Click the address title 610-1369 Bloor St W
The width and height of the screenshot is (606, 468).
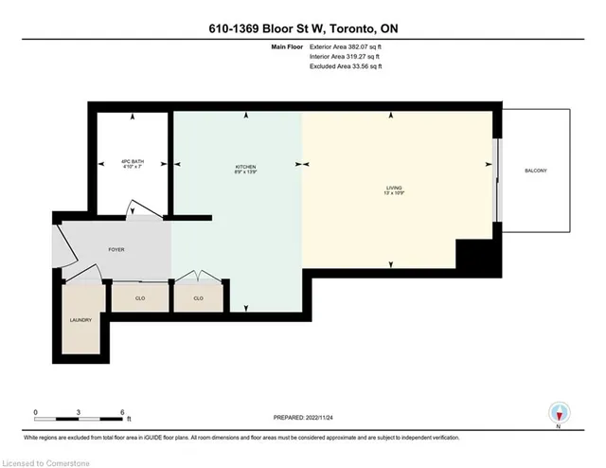pos(303,28)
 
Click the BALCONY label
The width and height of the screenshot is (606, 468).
pos(536,171)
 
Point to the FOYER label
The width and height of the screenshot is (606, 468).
pos(116,249)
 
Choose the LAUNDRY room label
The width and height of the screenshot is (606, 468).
pos(80,320)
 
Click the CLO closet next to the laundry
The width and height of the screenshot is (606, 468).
pos(139,297)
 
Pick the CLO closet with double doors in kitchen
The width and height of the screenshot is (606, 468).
pos(199,297)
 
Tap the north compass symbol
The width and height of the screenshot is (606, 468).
pos(560,413)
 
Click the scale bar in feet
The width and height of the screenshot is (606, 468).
pos(80,413)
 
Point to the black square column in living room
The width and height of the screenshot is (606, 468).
pos(473,254)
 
